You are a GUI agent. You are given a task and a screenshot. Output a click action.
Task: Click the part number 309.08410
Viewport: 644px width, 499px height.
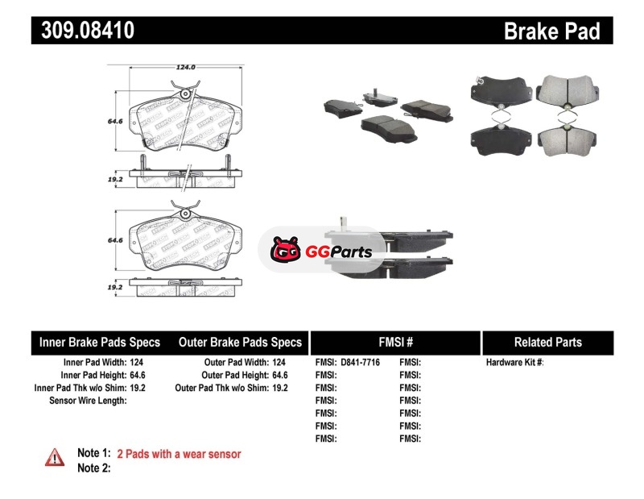83,31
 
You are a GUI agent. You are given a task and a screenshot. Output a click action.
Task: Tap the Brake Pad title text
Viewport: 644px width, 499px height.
551,31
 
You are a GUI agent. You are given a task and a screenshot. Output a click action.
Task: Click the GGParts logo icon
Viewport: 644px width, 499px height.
284,252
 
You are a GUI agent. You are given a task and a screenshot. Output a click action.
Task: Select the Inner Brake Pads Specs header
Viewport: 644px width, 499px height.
100,342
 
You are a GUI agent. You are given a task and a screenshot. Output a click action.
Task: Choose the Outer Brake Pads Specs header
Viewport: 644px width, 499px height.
240,342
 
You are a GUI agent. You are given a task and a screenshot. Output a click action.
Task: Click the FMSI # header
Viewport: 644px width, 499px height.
395,342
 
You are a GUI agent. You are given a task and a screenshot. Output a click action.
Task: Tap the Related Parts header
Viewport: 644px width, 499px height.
547,342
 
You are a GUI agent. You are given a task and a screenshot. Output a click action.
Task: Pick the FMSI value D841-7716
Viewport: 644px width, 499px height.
360,363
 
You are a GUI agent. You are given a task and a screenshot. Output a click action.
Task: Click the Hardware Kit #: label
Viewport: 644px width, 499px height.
514,363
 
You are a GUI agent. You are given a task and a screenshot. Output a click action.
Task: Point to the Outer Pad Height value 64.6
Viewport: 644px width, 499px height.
280,375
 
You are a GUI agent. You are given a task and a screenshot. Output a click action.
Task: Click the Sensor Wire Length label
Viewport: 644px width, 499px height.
88,400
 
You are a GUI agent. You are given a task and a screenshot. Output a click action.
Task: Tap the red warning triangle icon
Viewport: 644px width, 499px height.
54,456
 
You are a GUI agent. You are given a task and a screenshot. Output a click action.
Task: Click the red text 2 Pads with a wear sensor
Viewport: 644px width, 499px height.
179,454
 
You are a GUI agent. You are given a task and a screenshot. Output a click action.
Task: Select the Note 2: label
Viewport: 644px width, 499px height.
93,468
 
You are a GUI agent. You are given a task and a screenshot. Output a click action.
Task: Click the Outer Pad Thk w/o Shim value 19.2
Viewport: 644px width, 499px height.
280,388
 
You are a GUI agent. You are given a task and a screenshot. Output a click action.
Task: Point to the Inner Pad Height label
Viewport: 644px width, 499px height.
93,375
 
